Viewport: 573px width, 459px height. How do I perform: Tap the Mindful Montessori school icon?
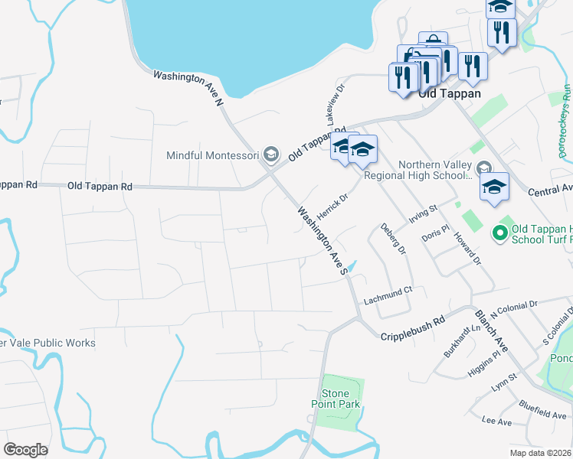point(270,155)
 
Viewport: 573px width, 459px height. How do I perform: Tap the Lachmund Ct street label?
point(388,291)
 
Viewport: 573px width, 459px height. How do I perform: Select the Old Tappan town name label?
point(450,93)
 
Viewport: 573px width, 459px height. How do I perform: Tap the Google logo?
point(25,450)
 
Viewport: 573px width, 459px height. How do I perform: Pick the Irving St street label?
point(422,213)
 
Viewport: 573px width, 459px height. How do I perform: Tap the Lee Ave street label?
point(496,421)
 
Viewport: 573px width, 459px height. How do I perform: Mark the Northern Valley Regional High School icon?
point(483,168)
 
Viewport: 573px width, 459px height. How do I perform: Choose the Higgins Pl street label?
point(483,360)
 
